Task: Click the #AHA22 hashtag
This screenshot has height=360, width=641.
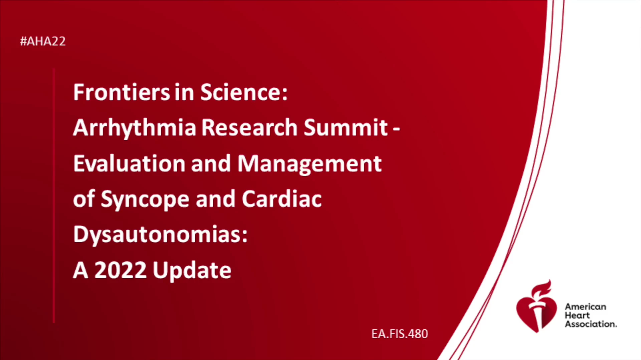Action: click(43, 41)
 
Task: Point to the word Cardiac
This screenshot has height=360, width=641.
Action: click(282, 199)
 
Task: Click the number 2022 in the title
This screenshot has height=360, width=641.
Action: click(121, 270)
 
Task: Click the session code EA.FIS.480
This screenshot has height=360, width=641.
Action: click(400, 334)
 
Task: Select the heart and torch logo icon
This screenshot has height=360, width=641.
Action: click(536, 306)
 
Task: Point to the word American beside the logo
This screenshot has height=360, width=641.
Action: click(585, 307)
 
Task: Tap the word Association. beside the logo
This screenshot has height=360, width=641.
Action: click(591, 324)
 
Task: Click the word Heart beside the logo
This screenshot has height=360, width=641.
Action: click(577, 315)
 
